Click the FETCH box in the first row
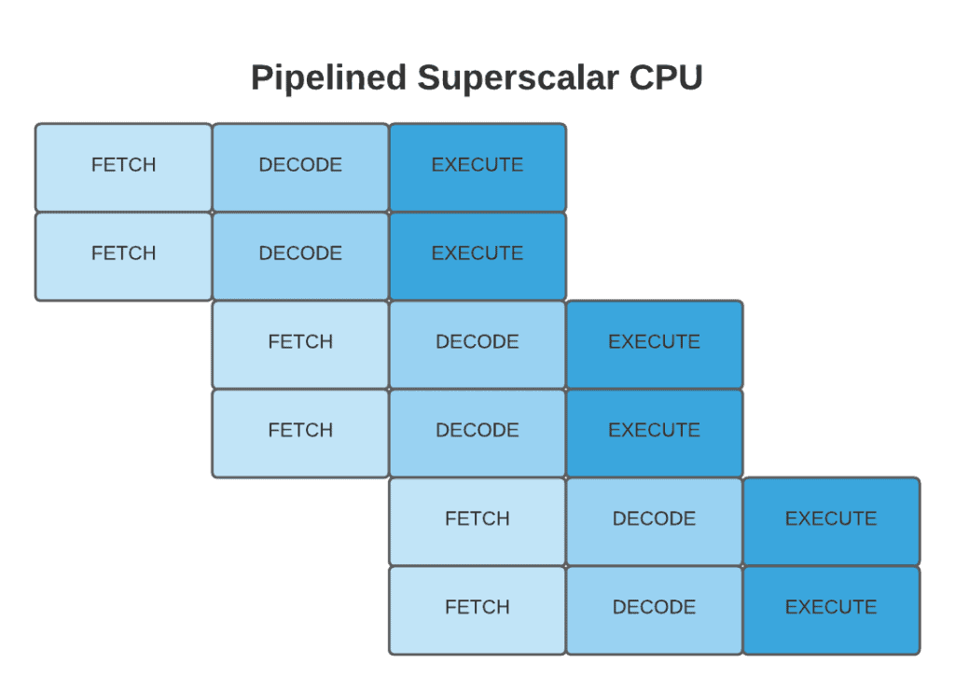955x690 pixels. [x=123, y=166]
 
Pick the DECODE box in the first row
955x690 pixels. [x=300, y=166]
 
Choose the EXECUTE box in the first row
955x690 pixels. [x=477, y=166]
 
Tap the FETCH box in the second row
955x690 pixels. [x=123, y=255]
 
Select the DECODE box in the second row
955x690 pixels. [x=300, y=255]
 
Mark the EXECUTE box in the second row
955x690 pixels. [x=477, y=255]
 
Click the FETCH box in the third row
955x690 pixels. [x=300, y=343]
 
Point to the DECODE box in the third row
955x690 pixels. [x=477, y=343]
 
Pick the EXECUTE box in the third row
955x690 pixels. [x=654, y=343]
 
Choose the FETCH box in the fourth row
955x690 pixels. [x=300, y=432]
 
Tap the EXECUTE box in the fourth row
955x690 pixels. [x=654, y=432]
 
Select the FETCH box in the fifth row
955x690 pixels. [x=477, y=520]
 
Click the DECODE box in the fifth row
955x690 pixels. [x=654, y=520]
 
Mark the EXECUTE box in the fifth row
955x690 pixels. [x=831, y=520]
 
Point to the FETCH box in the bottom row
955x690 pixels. [x=477, y=609]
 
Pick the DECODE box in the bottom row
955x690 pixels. [x=654, y=609]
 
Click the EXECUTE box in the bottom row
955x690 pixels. [x=831, y=609]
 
